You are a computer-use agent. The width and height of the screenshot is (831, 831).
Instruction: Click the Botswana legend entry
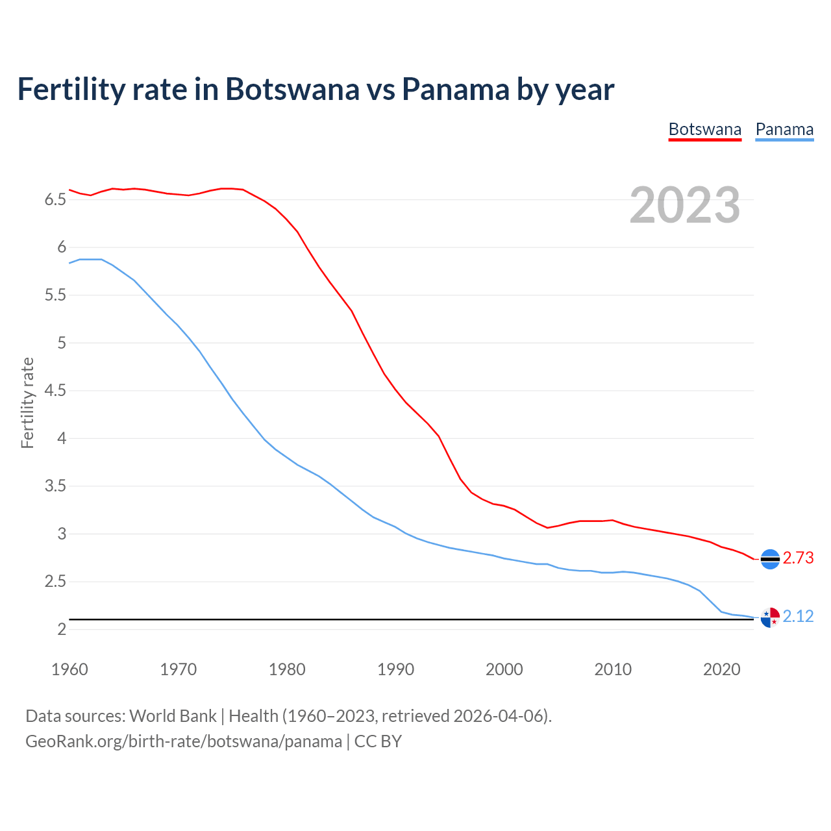704,129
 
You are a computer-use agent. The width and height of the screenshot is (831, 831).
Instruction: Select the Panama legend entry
784,129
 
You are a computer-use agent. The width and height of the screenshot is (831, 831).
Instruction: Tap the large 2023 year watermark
685,205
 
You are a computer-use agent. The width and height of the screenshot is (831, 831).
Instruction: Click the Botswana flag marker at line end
770,559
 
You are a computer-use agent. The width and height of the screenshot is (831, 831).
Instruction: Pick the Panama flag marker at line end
770,617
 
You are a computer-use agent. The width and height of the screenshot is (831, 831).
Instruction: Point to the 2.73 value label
798,558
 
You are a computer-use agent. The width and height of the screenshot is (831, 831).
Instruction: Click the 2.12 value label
798,617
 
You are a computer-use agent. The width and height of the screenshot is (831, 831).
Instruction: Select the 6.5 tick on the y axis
55,200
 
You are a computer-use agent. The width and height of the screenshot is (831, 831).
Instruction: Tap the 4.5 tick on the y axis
55,391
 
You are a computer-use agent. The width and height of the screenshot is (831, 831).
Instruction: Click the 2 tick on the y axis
62,630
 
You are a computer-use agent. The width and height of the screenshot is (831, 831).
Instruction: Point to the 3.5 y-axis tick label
55,486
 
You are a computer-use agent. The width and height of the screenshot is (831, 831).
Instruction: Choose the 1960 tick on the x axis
69,669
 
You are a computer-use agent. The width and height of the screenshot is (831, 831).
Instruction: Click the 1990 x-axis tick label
395,669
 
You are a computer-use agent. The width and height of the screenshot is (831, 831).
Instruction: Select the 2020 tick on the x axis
721,669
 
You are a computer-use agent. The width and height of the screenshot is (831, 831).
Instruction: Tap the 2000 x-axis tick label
504,669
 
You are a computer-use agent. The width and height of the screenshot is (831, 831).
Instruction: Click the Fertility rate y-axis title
27,403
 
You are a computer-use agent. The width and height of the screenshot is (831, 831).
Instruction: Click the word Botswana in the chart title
291,89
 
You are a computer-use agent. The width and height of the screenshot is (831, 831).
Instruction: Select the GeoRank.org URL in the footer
184,741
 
